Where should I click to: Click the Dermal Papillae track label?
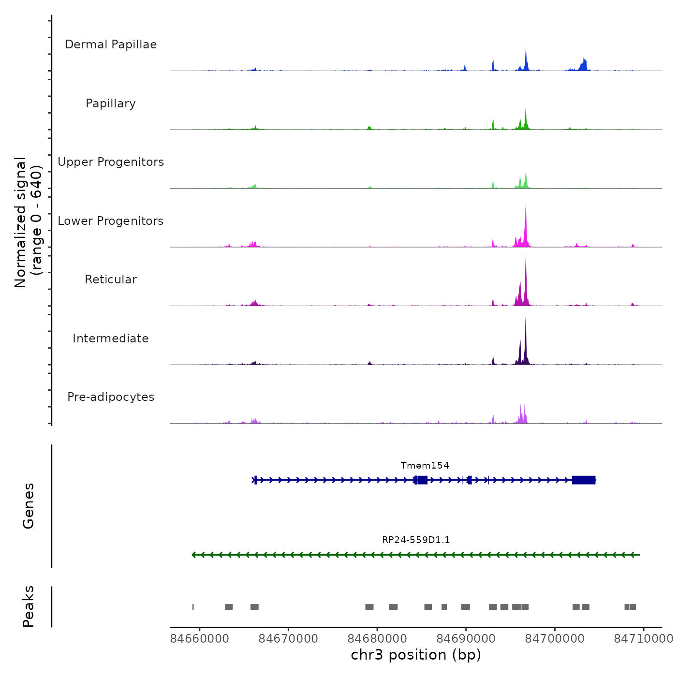click(x=111, y=44)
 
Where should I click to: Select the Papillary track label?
click(x=111, y=103)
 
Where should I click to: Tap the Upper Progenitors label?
click(x=111, y=162)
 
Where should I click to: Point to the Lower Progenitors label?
click(x=111, y=221)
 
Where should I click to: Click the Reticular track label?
click(x=111, y=280)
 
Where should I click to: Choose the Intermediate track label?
click(x=111, y=338)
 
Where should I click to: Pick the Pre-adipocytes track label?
click(x=111, y=397)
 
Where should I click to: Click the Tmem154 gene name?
click(x=425, y=465)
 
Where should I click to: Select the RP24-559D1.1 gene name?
click(x=416, y=540)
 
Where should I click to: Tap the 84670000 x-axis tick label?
click(x=288, y=639)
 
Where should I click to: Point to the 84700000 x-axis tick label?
click(x=555, y=639)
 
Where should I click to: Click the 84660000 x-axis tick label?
click(x=200, y=639)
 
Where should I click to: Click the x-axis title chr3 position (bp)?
click(x=416, y=655)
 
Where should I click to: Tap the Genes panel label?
click(x=29, y=506)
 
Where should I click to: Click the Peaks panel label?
click(x=29, y=606)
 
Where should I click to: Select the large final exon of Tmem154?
click(x=583, y=480)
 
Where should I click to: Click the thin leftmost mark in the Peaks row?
click(x=193, y=607)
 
